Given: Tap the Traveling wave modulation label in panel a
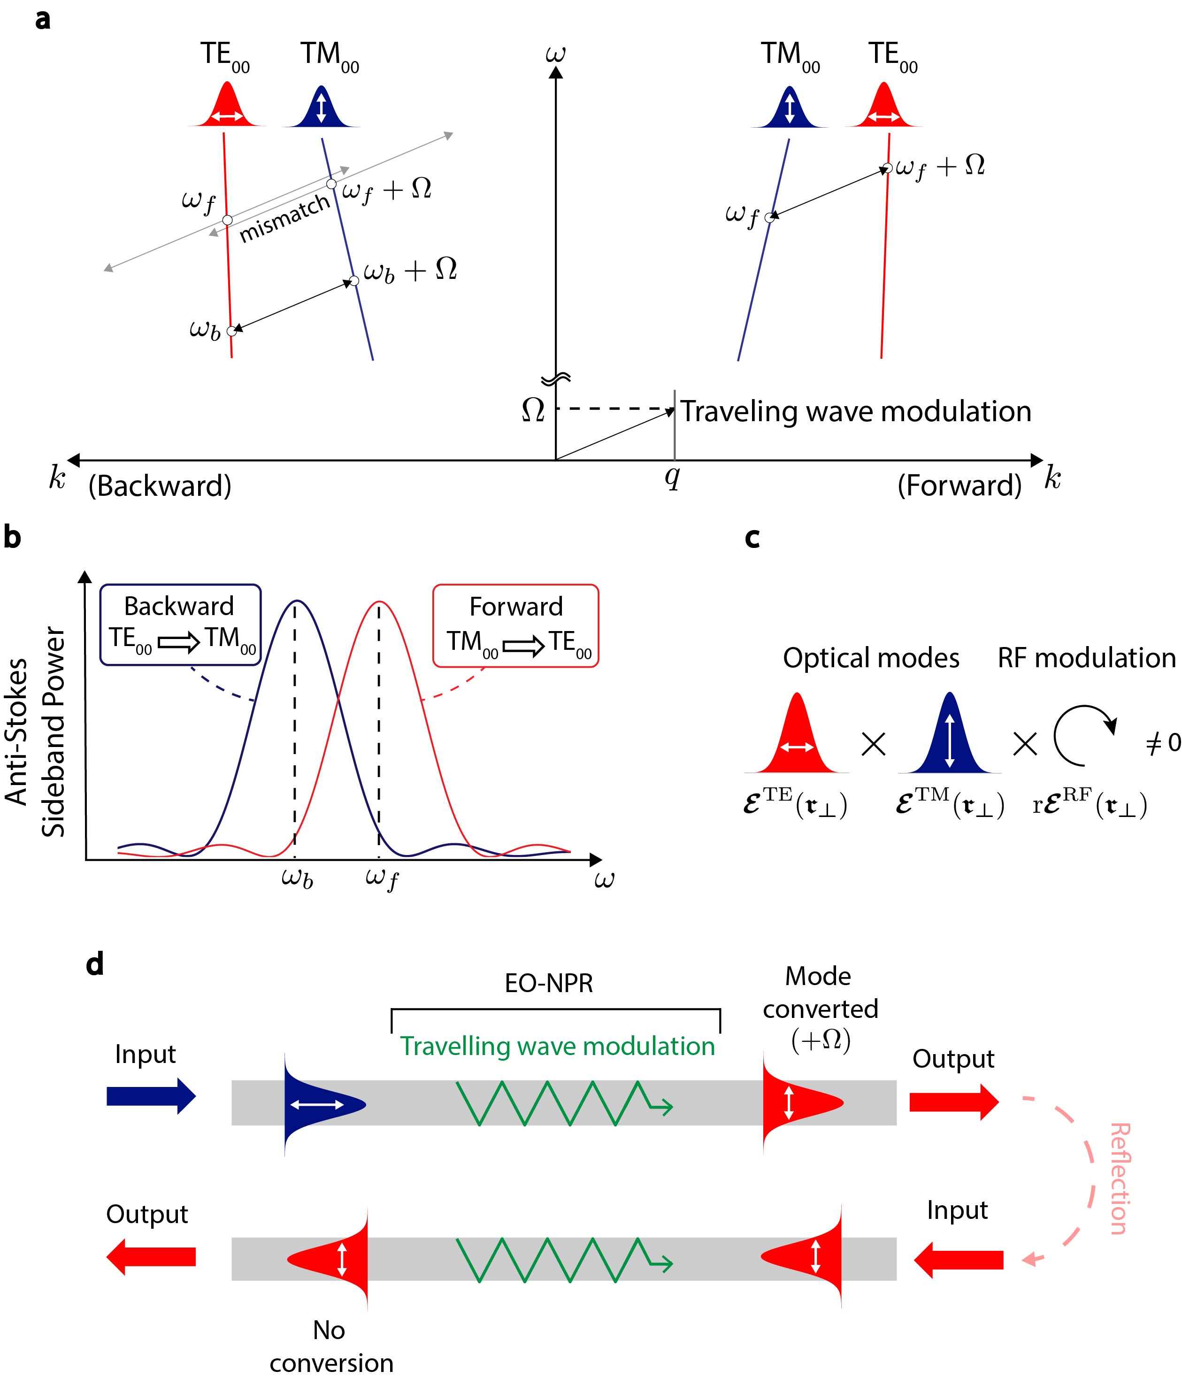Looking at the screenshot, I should coord(855,411).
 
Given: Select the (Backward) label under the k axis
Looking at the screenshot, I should coord(160,486).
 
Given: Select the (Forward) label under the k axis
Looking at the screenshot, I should coord(959,486).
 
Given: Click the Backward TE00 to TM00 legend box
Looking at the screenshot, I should coord(180,624).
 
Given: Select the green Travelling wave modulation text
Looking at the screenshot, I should coord(557,1046).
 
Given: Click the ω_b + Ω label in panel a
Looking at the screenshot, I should coord(410,270).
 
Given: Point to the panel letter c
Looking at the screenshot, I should coord(752,538).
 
